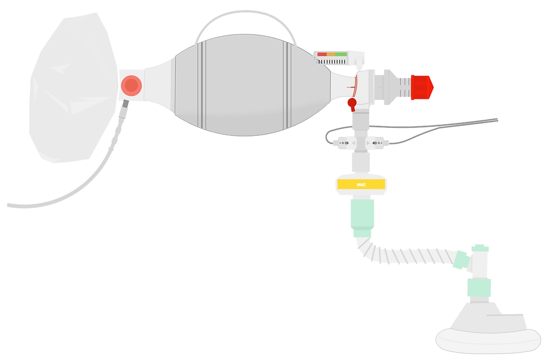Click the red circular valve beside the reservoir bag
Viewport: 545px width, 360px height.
(131, 85)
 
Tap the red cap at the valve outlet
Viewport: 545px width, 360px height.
(422, 87)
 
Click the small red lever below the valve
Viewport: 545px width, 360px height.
(351, 103)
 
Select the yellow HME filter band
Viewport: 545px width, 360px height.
(361, 184)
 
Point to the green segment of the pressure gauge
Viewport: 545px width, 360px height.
(341, 54)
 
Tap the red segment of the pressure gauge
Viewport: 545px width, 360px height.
(322, 54)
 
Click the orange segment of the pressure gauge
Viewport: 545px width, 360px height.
(331, 54)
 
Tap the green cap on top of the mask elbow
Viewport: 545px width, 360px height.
(480, 246)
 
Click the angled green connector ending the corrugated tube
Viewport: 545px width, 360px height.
(461, 260)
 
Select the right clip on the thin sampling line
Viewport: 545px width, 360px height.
(379, 143)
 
